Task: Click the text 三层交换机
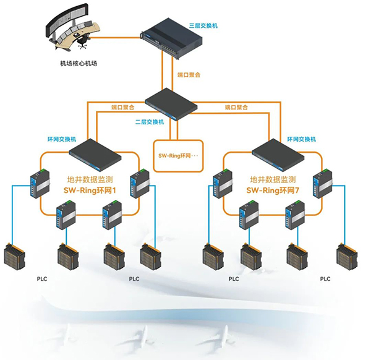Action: pos(203,26)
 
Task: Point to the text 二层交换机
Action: pos(150,122)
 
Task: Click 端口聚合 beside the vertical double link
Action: pos(189,75)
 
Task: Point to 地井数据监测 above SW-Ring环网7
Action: pos(273,179)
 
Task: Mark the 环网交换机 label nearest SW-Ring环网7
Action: pos(301,139)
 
